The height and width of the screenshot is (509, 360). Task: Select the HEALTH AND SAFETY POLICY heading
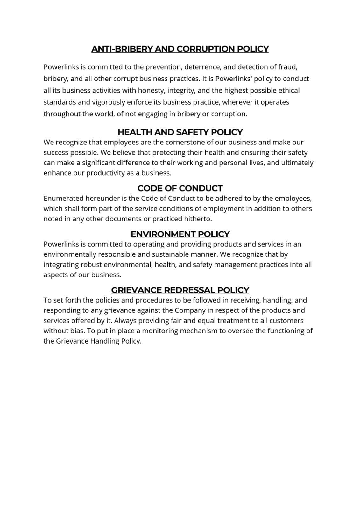tap(180, 132)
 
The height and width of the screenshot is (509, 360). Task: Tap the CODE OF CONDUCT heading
tap(180, 188)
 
